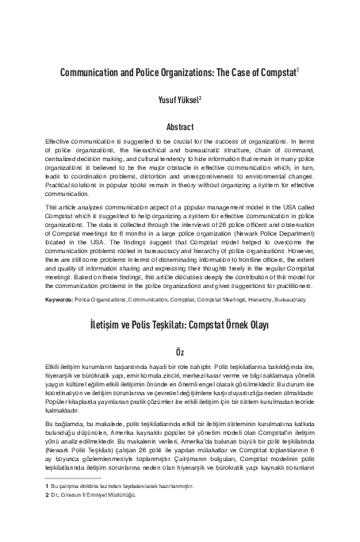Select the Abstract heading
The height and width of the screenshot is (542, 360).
179,126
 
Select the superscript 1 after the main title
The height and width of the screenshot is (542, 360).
297,69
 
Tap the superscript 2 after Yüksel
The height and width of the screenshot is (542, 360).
201,97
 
